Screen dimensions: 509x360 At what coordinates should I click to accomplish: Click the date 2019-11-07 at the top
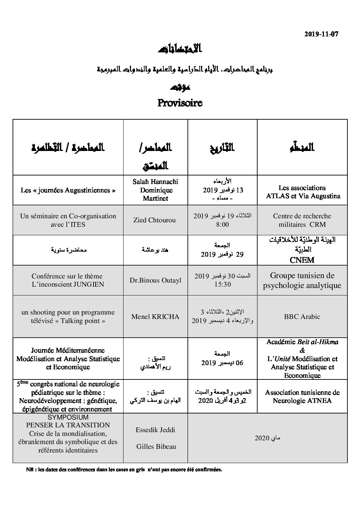(x=322, y=34)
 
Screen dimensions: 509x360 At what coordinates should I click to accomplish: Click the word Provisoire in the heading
(x=180, y=103)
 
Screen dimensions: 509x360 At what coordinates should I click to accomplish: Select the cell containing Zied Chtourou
(x=155, y=220)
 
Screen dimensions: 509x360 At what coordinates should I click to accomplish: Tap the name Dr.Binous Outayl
(x=155, y=281)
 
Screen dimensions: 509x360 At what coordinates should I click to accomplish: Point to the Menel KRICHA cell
(x=155, y=317)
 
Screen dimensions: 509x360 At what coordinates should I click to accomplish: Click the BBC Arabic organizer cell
(x=302, y=317)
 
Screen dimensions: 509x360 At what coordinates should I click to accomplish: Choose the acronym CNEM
(x=302, y=260)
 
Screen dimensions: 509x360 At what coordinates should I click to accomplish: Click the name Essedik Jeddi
(x=155, y=430)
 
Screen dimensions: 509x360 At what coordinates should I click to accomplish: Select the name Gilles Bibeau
(x=155, y=447)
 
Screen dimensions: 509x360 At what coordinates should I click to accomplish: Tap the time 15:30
(x=223, y=284)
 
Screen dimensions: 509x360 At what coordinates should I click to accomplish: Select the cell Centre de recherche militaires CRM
(x=302, y=220)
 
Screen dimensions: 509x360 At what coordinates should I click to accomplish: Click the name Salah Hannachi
(x=155, y=182)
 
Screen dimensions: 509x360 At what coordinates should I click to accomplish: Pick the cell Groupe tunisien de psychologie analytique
(x=302, y=281)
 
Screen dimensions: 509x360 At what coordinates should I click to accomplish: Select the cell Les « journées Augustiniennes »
(x=68, y=190)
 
